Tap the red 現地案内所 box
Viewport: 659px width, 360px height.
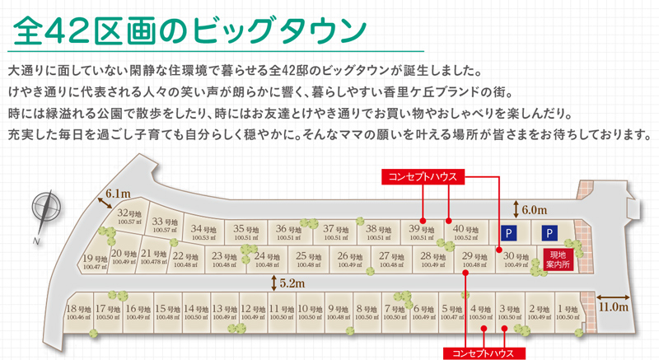558,259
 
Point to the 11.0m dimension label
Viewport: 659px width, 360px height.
613,306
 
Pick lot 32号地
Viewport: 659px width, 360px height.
130,217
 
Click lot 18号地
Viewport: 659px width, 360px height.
77,312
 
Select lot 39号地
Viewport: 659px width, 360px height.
422,232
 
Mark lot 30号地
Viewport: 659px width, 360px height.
516,259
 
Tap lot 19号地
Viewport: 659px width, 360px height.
96,263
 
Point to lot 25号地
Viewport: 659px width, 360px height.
308,259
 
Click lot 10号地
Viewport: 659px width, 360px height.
309,312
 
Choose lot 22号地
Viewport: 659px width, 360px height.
185,259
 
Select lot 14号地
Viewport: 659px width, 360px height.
196,312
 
